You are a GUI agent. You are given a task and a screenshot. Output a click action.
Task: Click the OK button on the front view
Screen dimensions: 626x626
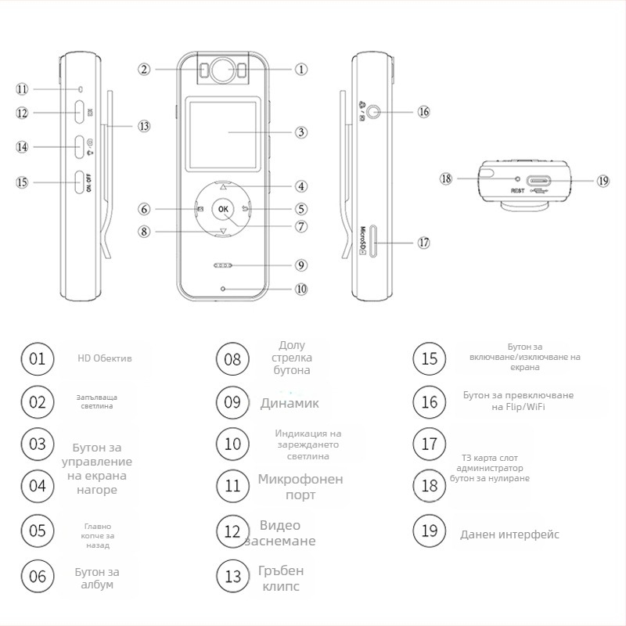224,209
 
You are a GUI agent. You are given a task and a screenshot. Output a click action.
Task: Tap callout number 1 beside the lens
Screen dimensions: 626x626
300,69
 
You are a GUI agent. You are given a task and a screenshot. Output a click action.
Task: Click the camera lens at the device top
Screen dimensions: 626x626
223,70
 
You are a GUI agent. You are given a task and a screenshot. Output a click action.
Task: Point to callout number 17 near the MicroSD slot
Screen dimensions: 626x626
423,243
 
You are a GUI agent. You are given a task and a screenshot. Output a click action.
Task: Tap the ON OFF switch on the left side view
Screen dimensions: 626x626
80,182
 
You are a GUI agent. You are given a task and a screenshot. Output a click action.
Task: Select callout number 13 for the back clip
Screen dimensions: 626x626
143,125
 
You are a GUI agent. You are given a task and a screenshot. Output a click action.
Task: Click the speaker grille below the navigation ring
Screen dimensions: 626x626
223,265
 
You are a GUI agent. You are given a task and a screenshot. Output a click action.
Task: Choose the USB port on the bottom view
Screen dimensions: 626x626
538,180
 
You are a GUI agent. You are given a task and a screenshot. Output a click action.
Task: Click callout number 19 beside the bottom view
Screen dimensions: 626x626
603,180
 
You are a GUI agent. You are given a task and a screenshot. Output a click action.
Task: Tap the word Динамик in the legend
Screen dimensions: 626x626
290,404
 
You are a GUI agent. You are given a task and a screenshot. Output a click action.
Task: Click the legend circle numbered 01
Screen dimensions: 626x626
37,359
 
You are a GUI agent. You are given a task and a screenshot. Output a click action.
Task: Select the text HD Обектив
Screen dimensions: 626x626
104,358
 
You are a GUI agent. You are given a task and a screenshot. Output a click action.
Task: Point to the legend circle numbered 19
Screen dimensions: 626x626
430,531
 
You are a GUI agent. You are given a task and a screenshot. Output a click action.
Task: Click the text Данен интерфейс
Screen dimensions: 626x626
509,535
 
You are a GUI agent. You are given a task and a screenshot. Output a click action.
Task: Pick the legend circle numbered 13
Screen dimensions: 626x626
232,577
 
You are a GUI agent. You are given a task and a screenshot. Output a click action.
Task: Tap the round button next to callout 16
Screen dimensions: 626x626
378,112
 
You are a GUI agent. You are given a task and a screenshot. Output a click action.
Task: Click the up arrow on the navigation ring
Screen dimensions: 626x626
224,188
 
